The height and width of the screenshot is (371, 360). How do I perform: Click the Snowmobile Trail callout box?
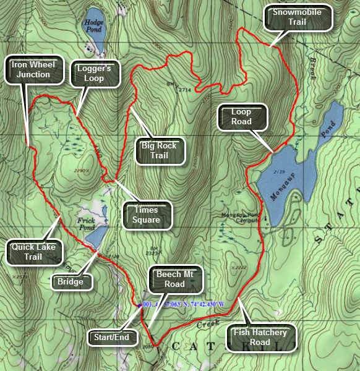click(298, 17)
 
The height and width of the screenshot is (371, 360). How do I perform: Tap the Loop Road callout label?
click(241, 117)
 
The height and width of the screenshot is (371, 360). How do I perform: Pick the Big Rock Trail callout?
click(159, 151)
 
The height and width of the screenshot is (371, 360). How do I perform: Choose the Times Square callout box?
click(146, 215)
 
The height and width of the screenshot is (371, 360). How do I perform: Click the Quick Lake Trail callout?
click(33, 252)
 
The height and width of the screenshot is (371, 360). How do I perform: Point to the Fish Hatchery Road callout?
click(260, 337)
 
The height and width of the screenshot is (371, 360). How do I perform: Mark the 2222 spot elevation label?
click(237, 268)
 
